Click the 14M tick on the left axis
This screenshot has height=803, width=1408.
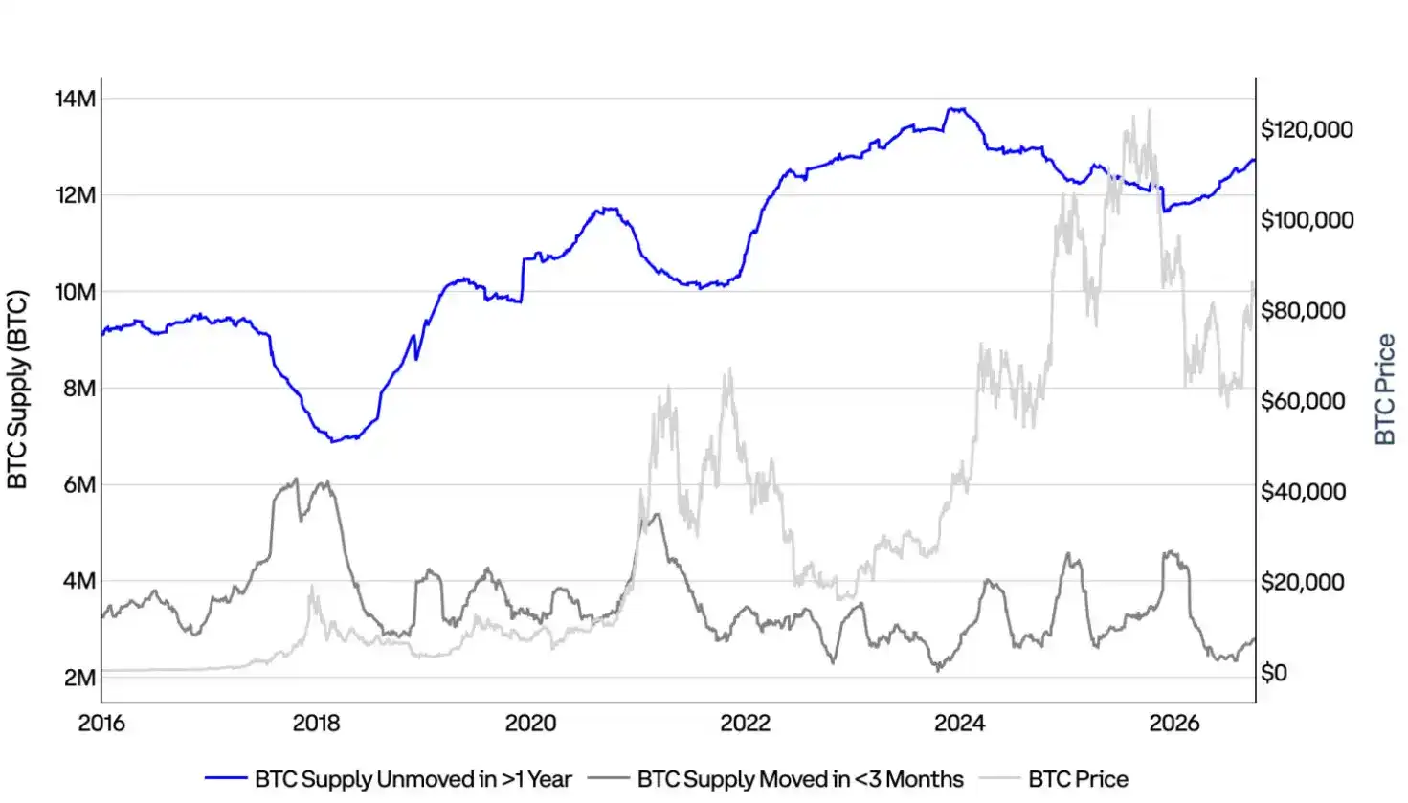click(x=76, y=99)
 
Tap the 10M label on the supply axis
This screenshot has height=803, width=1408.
click(x=76, y=292)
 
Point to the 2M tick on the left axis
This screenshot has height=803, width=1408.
click(x=79, y=678)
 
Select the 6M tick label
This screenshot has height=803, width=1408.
click(x=79, y=485)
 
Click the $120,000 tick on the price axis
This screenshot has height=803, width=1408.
click(x=1307, y=130)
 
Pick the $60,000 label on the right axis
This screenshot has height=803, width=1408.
click(x=1303, y=402)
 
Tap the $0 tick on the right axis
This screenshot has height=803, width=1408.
click(x=1274, y=673)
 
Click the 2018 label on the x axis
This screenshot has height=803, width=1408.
click(x=316, y=724)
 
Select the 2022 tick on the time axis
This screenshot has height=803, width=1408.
click(x=745, y=724)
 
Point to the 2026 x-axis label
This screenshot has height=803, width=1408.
click(x=1174, y=724)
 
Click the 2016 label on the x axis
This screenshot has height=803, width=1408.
click(x=101, y=724)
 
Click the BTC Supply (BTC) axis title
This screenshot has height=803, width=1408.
click(x=17, y=390)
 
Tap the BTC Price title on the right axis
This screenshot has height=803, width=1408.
click(x=1385, y=390)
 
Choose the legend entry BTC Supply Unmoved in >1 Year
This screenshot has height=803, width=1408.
click(x=413, y=779)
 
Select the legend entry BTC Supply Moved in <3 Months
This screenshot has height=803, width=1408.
click(x=800, y=779)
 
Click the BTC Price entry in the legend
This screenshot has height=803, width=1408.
click(x=1078, y=779)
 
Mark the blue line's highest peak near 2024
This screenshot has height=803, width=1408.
click(x=956, y=109)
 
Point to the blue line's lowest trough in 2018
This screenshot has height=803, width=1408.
click(x=334, y=441)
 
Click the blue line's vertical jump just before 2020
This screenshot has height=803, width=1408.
click(x=523, y=280)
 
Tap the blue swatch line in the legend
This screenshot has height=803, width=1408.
click(x=226, y=778)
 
